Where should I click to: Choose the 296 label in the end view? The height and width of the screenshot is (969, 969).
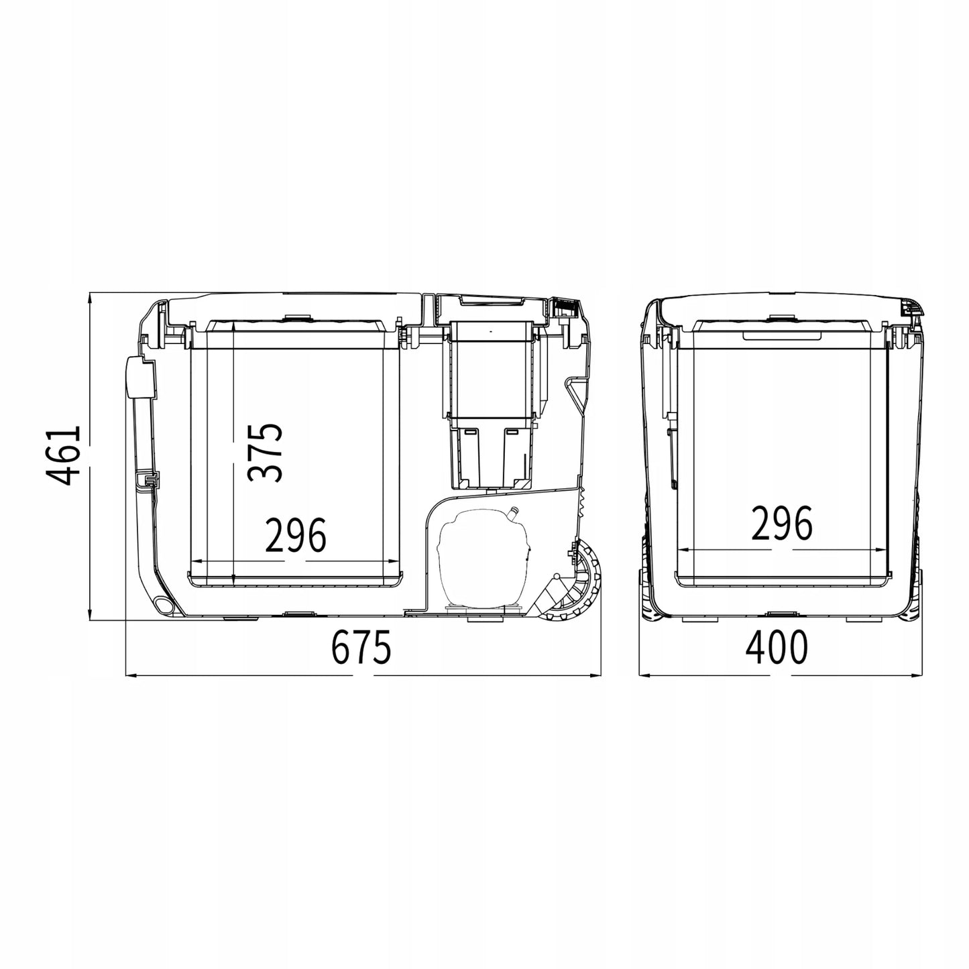tap(782, 524)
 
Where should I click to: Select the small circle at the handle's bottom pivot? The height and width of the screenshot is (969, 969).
tap(162, 604)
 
